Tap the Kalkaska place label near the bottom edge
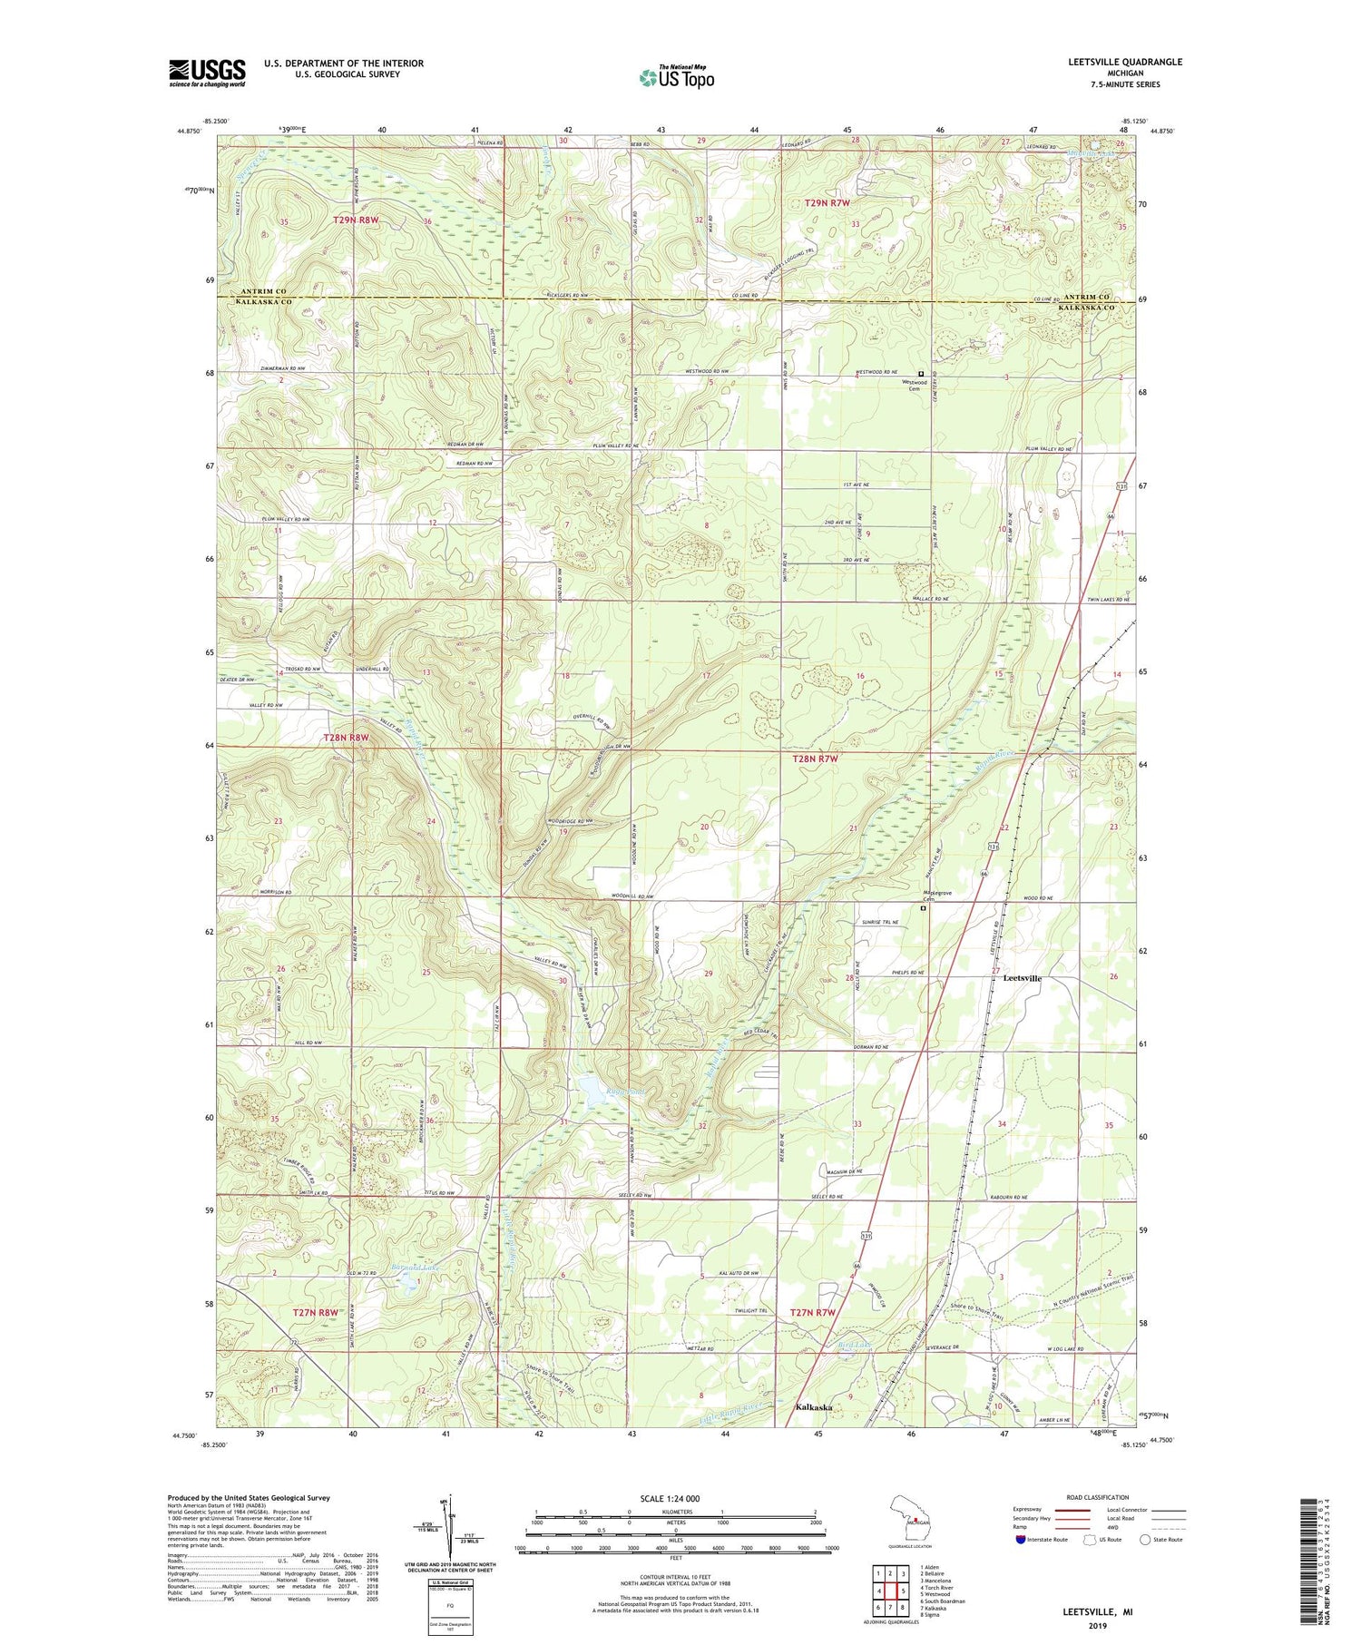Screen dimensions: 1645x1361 coord(814,1407)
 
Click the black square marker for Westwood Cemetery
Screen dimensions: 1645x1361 coord(921,373)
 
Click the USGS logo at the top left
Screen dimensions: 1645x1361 coord(207,73)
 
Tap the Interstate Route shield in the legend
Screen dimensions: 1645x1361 coord(1022,1539)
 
